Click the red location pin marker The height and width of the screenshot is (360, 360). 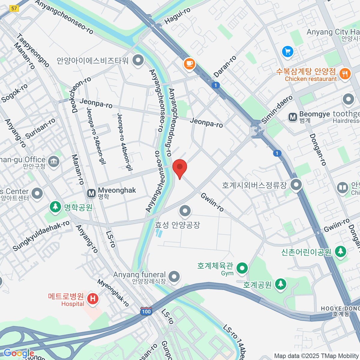(x=180, y=167)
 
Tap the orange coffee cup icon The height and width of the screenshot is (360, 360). (x=189, y=63)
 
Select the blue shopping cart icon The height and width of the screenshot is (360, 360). (x=288, y=52)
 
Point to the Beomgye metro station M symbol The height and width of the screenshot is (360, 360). (x=292, y=117)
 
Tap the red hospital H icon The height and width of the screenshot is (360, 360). (x=93, y=298)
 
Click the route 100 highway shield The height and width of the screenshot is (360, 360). (x=146, y=311)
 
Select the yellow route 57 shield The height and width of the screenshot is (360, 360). (x=14, y=8)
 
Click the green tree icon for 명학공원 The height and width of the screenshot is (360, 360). (x=55, y=207)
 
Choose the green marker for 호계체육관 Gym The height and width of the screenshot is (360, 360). (x=242, y=268)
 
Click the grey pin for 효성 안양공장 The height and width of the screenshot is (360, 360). (x=185, y=211)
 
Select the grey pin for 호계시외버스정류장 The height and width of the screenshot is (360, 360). (x=296, y=184)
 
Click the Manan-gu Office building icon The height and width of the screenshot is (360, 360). (x=54, y=162)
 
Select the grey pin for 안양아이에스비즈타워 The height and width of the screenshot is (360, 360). (x=138, y=60)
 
